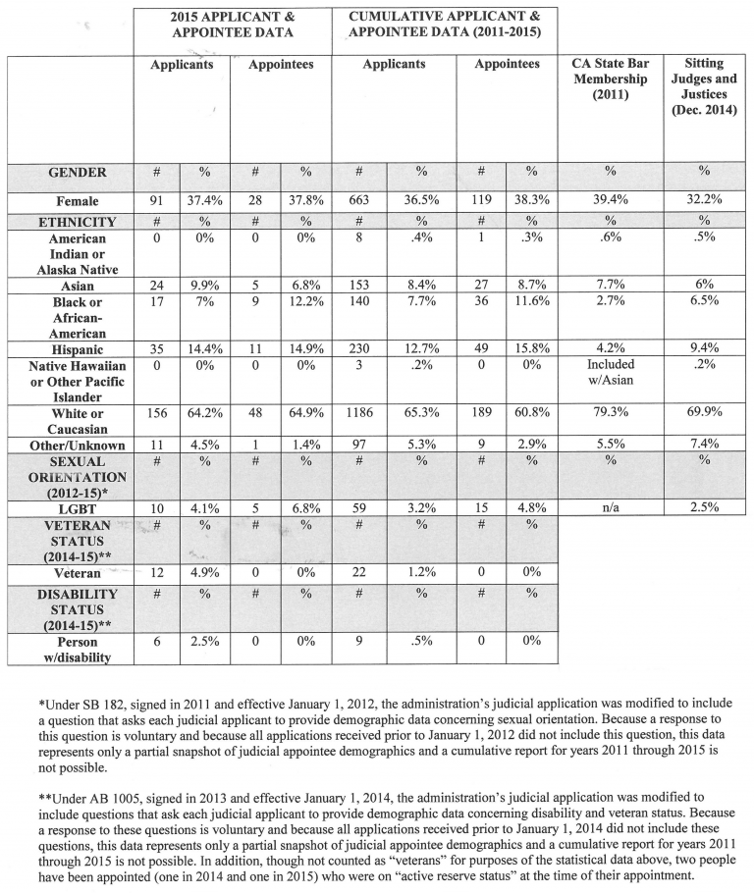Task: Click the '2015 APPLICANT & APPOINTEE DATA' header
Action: click(x=232, y=25)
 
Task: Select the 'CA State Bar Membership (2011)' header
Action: click(x=610, y=79)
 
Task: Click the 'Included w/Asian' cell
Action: click(x=610, y=372)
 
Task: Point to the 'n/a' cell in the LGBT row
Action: click(x=610, y=507)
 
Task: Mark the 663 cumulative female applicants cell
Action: click(x=359, y=201)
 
